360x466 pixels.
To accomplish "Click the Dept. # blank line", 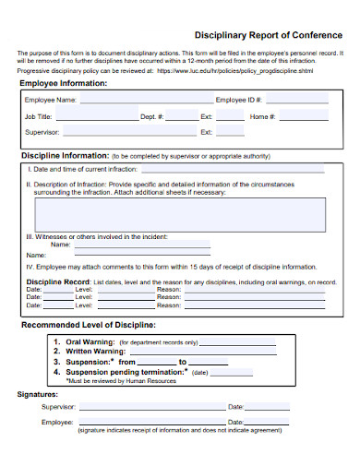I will pos(183,119).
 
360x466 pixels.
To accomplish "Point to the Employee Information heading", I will pos(64,84).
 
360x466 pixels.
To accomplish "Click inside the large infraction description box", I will pos(179,214).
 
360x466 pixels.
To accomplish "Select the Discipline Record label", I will pos(57,281).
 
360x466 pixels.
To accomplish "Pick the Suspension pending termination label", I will pos(124,371).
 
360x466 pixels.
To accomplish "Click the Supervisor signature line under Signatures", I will pos(151,408).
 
